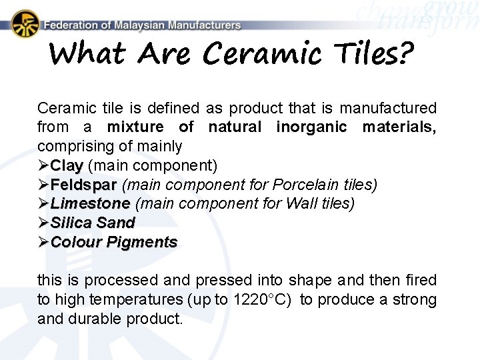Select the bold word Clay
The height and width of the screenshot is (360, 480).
click(67, 165)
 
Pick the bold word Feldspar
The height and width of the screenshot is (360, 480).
click(83, 184)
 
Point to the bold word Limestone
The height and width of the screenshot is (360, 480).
click(90, 203)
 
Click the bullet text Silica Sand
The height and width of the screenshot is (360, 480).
click(93, 223)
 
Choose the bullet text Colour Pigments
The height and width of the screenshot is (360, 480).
click(114, 242)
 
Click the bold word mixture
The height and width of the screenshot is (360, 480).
click(135, 127)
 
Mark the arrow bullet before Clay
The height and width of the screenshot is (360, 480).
click(43, 165)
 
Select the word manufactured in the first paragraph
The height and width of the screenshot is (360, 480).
click(393, 107)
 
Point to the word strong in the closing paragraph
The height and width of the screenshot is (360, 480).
click(416, 300)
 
